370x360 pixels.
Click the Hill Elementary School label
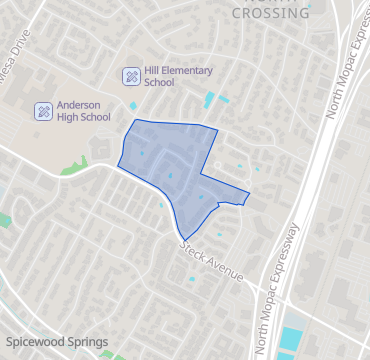[172, 77]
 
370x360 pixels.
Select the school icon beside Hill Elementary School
[131, 76]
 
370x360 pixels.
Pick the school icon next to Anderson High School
[43, 110]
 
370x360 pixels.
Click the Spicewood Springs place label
[56, 342]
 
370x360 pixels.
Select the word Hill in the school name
[154, 70]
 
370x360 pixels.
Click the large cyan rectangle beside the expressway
[291, 339]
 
